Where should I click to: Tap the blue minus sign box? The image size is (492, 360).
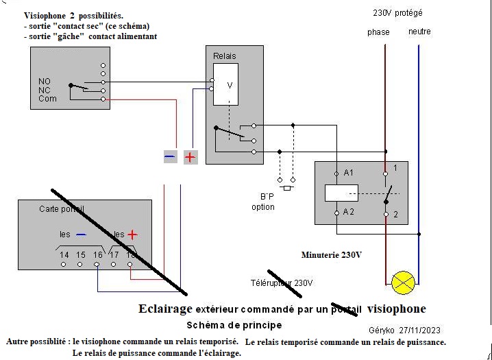point(170,157)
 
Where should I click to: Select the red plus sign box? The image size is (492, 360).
point(190,157)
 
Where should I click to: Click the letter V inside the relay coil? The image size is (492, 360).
point(230,85)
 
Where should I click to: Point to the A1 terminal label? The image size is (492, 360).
point(349,173)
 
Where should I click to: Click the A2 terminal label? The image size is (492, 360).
point(349,212)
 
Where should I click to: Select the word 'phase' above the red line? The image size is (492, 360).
point(378,32)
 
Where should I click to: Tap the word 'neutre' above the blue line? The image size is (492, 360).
point(419,32)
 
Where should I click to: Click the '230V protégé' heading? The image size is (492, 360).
point(397,13)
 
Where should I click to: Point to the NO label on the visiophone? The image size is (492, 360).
point(45,82)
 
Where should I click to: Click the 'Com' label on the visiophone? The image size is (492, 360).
point(47,99)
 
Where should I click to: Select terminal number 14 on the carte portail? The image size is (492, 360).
point(64,255)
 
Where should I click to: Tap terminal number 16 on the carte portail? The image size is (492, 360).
point(98,255)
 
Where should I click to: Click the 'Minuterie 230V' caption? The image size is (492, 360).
point(332,254)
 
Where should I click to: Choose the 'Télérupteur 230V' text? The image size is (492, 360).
point(282,283)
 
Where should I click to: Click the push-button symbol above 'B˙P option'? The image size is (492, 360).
point(286,184)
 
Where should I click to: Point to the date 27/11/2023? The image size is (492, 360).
point(426,328)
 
